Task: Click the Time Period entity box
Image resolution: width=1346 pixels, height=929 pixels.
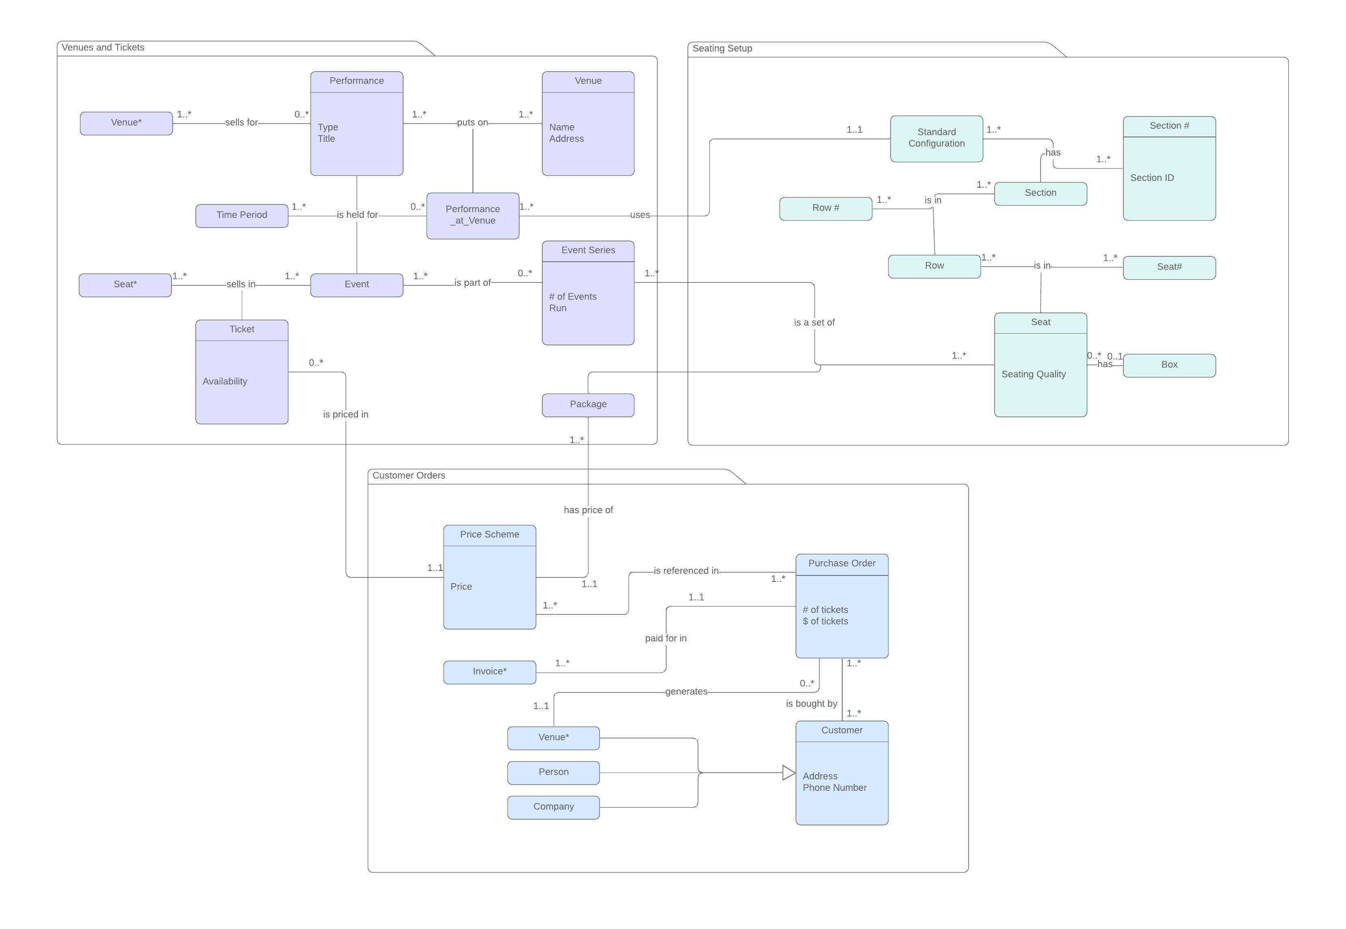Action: click(241, 215)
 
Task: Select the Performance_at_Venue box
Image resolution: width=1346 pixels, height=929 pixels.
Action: click(473, 215)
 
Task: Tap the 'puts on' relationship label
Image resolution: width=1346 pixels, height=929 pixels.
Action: click(472, 123)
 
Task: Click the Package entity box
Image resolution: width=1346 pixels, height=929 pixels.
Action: click(588, 404)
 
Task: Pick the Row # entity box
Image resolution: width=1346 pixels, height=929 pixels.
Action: click(825, 208)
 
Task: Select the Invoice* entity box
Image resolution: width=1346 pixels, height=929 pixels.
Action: click(490, 672)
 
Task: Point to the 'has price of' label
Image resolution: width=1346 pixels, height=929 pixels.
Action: click(588, 510)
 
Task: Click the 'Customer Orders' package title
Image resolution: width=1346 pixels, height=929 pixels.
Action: click(409, 475)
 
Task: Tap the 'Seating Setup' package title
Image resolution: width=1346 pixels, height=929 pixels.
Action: click(722, 48)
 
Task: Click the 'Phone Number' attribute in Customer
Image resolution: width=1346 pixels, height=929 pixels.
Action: click(834, 788)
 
